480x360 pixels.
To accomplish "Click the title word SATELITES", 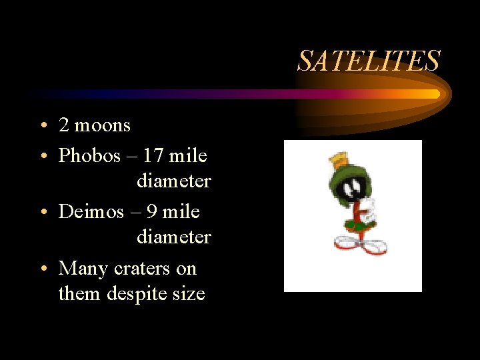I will pos(369,61).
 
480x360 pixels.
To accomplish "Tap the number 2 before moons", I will pos(64,125).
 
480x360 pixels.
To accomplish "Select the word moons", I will pos(103,125).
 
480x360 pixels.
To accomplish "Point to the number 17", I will pos(153,156).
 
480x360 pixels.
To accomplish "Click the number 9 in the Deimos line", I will pos(151,212).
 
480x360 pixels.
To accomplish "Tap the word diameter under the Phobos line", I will pos(173,181).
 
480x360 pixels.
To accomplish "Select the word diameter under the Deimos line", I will pos(173,237).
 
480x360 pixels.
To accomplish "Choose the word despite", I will pos(139,293).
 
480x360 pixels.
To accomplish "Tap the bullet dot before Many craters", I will pos(43,269).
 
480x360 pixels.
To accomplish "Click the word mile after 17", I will pos(188,156).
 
